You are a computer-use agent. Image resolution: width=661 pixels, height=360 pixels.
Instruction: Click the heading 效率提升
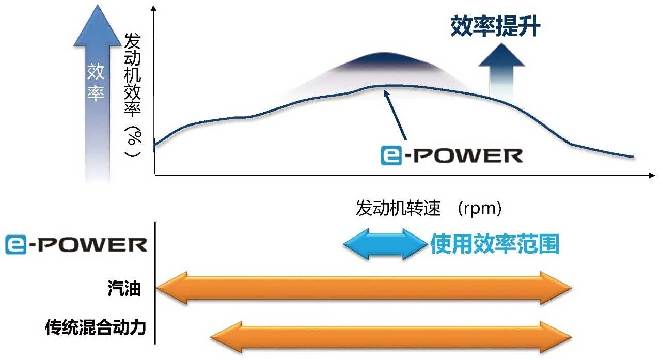pyautogui.click(x=495, y=26)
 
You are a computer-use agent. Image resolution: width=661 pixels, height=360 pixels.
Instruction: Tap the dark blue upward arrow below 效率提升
pyautogui.click(x=501, y=67)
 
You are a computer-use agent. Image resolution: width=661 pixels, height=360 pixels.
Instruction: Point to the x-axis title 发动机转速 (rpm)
pyautogui.click(x=429, y=208)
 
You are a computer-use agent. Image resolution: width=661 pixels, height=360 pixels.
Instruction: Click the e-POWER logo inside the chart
pyautogui.click(x=451, y=155)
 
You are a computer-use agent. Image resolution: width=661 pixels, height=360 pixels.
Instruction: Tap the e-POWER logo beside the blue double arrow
pyautogui.click(x=76, y=244)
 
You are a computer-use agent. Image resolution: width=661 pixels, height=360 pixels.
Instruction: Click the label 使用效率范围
pyautogui.click(x=495, y=244)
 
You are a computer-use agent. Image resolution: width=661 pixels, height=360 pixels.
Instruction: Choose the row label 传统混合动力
pyautogui.click(x=96, y=327)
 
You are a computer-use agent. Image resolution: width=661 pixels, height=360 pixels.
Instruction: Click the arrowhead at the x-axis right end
pyautogui.click(x=652, y=176)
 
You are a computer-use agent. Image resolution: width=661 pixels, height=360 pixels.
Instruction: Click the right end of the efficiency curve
pyautogui.click(x=632, y=156)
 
